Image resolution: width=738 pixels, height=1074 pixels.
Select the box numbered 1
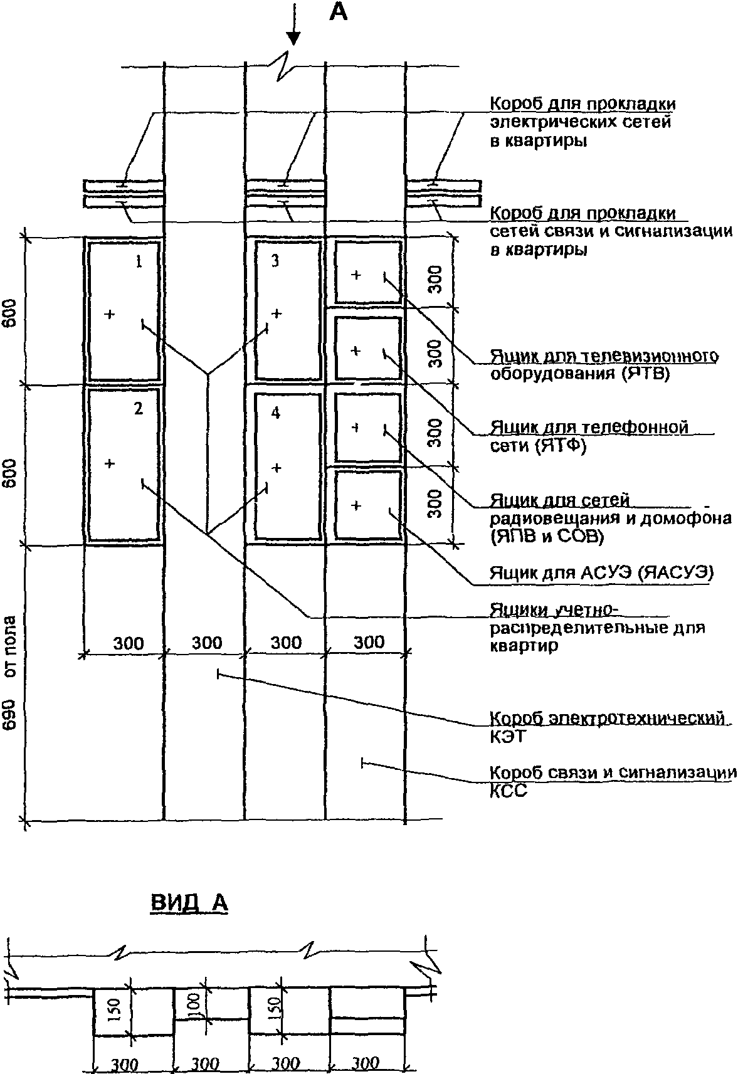124,311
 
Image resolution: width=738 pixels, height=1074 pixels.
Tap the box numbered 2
124,465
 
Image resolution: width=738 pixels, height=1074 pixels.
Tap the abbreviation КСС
508,791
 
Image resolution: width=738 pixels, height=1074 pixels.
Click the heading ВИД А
190,902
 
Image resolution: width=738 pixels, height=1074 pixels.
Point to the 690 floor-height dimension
10,714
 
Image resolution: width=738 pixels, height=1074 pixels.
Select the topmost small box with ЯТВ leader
367,273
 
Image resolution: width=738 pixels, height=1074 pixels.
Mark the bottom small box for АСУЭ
367,505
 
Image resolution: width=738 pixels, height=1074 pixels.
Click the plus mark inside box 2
110,464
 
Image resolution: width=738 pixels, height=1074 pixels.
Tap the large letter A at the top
338,13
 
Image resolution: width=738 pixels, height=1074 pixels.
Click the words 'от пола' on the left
10,646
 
